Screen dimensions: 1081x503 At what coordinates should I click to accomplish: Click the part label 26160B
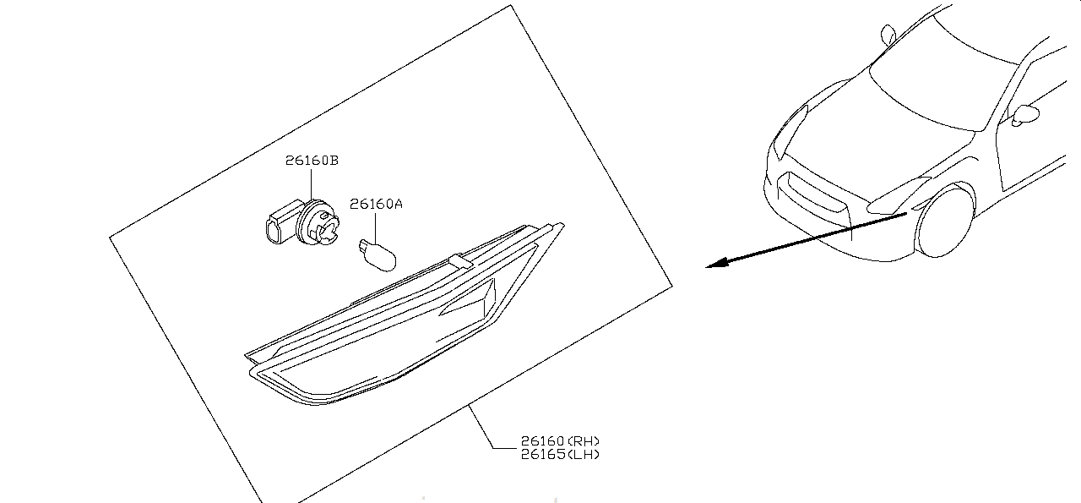pos(312,161)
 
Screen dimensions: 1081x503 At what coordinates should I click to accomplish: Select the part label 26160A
pos(376,204)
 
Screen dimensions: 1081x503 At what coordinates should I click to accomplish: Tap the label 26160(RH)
pos(560,440)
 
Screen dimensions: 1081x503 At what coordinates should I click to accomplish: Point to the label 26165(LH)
pos(560,454)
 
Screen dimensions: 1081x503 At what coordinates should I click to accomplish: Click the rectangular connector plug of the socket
pos(281,224)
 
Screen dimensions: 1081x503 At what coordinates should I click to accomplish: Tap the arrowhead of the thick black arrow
pos(717,264)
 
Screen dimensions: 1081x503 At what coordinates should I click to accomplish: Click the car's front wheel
pos(943,221)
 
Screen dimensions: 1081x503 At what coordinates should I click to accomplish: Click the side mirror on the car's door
pos(1025,115)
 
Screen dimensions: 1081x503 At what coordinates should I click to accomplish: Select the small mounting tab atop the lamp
pos(460,261)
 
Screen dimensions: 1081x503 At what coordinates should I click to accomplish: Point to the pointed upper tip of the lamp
pos(562,224)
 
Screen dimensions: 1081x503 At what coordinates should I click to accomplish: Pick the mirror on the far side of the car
pos(888,35)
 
